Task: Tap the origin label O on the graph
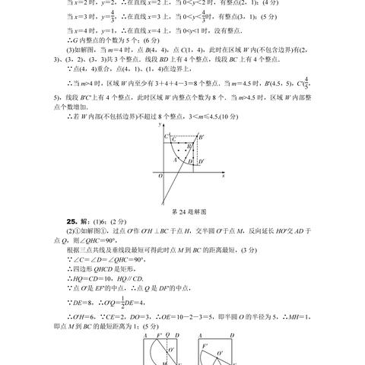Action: [158, 176]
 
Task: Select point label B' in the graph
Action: [202, 136]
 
